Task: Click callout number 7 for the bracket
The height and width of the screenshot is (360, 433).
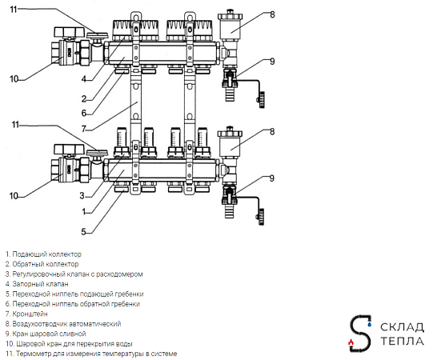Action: pyautogui.click(x=84, y=129)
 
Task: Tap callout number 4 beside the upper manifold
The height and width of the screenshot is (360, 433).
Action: pyautogui.click(x=84, y=79)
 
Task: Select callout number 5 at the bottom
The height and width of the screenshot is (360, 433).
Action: pyautogui.click(x=83, y=231)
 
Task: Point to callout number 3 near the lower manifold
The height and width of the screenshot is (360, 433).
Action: pyautogui.click(x=82, y=196)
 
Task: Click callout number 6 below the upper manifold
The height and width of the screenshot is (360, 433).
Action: pyautogui.click(x=84, y=113)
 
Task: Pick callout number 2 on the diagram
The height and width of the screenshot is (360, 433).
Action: pyautogui.click(x=84, y=98)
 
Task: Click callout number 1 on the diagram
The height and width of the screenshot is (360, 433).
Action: pyautogui.click(x=84, y=212)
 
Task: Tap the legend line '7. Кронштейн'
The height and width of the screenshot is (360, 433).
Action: pyautogui.click(x=26, y=314)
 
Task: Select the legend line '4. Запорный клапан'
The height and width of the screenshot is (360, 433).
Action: pyautogui.click(x=37, y=284)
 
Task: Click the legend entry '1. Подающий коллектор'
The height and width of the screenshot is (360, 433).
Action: pyautogui.click(x=43, y=254)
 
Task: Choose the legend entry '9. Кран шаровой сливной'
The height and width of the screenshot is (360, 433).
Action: pyautogui.click(x=46, y=334)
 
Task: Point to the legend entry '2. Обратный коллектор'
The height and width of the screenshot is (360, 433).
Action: pyautogui.click(x=42, y=264)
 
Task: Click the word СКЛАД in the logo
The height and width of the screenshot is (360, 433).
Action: pyautogui.click(x=402, y=327)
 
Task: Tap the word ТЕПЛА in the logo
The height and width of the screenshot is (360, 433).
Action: pyautogui.click(x=403, y=342)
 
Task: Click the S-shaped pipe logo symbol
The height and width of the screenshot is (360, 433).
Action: pyautogui.click(x=360, y=334)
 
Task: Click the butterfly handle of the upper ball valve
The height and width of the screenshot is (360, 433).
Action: pyautogui.click(x=69, y=32)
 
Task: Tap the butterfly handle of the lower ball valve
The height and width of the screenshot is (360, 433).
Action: pyautogui.click(x=69, y=149)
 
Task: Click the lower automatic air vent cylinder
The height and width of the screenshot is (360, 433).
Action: pyautogui.click(x=231, y=142)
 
